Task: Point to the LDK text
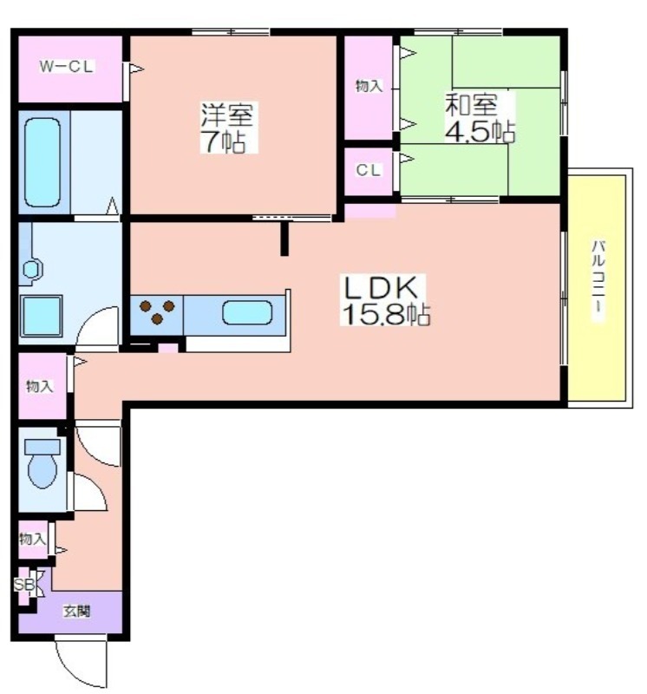pyautogui.click(x=383, y=287)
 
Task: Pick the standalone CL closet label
pyautogui.click(x=369, y=171)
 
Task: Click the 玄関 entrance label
pyautogui.click(x=75, y=612)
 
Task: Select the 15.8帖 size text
pyautogui.click(x=384, y=314)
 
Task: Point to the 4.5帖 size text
pyautogui.click(x=479, y=132)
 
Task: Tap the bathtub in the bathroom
pyautogui.click(x=42, y=162)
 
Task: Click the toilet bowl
pyautogui.click(x=42, y=465)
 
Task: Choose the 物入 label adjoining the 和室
pyautogui.click(x=369, y=86)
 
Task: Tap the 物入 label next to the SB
pyautogui.click(x=32, y=539)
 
